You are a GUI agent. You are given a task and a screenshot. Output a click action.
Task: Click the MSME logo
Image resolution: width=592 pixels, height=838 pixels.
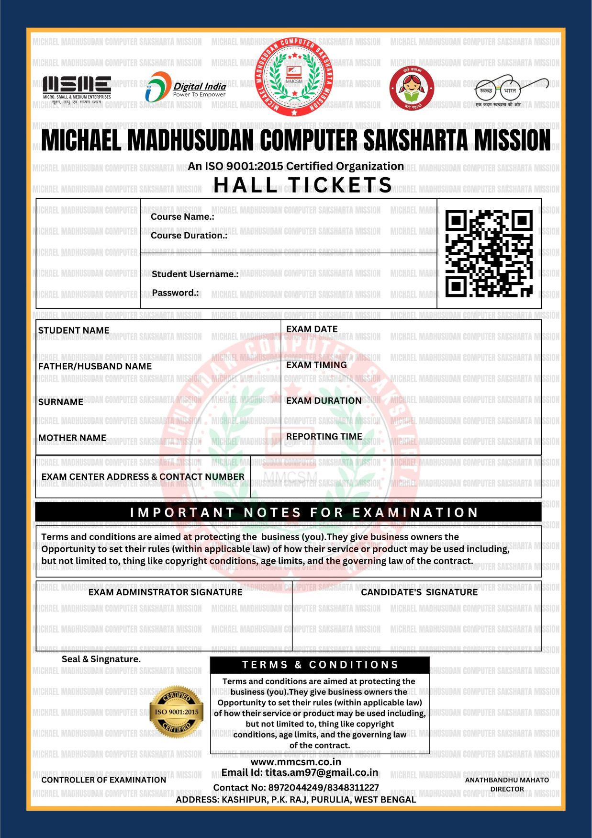click(x=77, y=88)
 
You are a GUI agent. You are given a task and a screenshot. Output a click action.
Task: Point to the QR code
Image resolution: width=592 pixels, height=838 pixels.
click(x=489, y=253)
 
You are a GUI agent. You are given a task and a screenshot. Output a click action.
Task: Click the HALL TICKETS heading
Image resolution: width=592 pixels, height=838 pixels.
click(x=303, y=185)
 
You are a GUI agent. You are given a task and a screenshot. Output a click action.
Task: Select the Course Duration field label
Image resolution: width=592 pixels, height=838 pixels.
click(x=189, y=236)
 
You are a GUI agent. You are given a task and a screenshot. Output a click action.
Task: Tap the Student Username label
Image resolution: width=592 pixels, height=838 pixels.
click(x=195, y=274)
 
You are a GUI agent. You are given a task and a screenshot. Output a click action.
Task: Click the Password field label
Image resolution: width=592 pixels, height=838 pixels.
click(x=175, y=293)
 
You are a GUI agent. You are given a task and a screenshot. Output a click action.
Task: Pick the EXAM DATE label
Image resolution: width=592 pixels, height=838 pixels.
click(x=312, y=329)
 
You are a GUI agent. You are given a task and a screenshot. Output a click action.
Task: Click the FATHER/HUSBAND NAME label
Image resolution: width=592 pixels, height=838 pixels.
click(x=95, y=366)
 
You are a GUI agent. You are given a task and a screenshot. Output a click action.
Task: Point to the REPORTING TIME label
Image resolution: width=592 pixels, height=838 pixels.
click(x=324, y=436)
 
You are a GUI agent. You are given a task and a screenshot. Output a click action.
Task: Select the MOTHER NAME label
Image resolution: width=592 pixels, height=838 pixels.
click(x=72, y=438)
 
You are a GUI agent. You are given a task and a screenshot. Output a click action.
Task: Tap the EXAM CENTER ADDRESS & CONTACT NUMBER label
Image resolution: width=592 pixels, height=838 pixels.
click(x=143, y=476)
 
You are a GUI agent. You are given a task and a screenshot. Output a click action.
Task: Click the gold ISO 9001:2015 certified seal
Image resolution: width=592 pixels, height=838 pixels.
click(x=177, y=712)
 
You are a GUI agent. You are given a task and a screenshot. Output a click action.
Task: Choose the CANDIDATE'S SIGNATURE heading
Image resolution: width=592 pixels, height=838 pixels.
click(x=419, y=592)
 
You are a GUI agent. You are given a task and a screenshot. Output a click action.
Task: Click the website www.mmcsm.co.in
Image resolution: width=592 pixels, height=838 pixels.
click(x=296, y=762)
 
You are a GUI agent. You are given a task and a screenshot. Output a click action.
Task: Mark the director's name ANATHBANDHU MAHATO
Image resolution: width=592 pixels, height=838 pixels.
click(x=507, y=780)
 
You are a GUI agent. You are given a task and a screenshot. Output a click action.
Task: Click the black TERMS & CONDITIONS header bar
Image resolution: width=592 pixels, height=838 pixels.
click(x=320, y=665)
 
